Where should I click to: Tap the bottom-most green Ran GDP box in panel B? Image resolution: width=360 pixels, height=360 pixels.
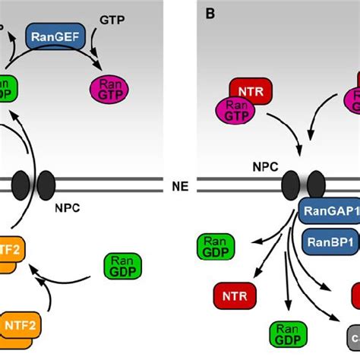pos(288,334)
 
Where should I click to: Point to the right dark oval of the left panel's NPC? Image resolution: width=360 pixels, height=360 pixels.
pos(46,185)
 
